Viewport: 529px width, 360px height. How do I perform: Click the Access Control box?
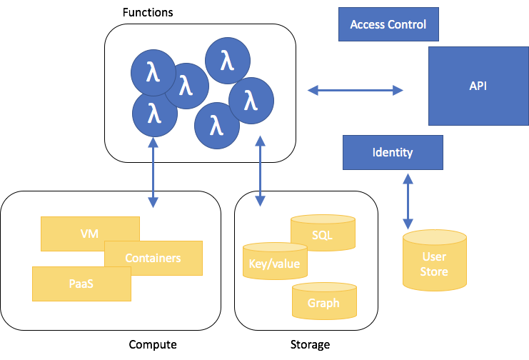pyautogui.click(x=388, y=24)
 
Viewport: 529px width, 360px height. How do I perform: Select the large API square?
pyautogui.click(x=478, y=86)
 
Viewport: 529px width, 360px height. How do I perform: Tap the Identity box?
pyautogui.click(x=393, y=152)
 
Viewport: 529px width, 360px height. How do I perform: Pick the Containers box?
pyautogui.click(x=153, y=259)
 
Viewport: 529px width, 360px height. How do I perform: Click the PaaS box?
pyautogui.click(x=81, y=284)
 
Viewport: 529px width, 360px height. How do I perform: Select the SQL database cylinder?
pyautogui.click(x=323, y=234)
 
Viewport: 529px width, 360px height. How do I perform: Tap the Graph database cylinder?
pyautogui.click(x=324, y=302)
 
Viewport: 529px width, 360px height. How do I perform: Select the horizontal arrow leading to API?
pyautogui.click(x=355, y=90)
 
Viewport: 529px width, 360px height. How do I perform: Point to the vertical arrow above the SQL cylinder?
pyautogui.click(x=260, y=173)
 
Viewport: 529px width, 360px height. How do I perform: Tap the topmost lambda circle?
pyautogui.click(x=228, y=61)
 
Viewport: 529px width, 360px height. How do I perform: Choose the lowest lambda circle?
pyautogui.click(x=216, y=126)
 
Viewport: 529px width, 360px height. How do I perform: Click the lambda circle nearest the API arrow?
pyautogui.click(x=251, y=101)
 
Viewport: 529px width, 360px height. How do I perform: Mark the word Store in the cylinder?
pyautogui.click(x=434, y=271)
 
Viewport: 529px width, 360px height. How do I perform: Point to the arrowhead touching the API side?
pyautogui.click(x=398, y=90)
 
